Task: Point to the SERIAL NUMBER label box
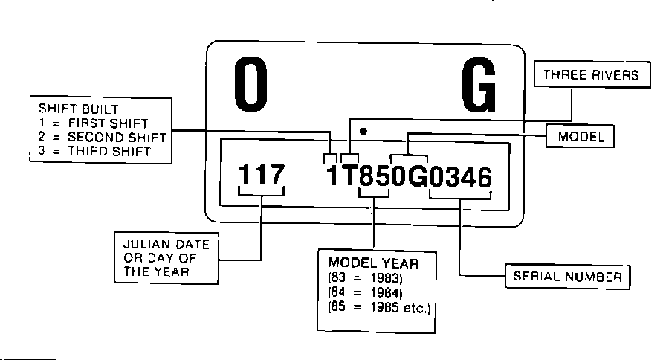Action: pos(568,277)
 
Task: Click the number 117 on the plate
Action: pos(260,176)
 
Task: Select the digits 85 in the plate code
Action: pos(374,177)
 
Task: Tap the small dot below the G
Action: pos(363,131)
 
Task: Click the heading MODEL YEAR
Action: pos(373,263)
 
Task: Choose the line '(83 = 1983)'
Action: pos(364,277)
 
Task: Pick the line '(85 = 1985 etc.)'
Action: pos(379,307)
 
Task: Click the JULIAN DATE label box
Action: pos(166,257)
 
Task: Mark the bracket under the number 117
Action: pos(260,196)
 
